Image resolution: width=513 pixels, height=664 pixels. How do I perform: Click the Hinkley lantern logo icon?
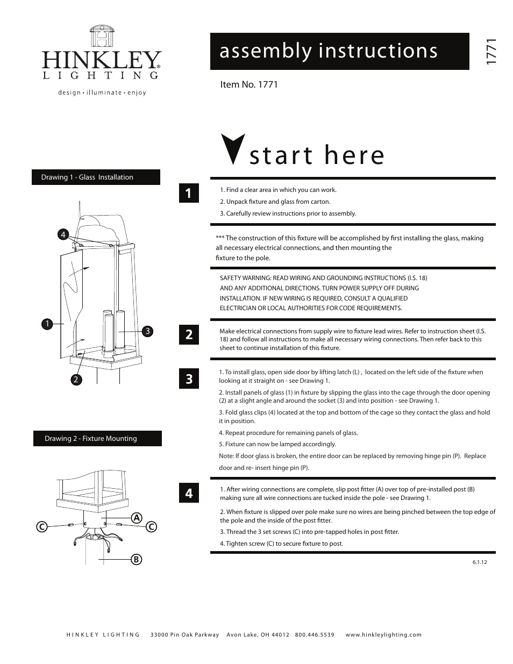tap(102, 37)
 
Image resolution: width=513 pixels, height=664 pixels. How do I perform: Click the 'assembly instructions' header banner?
tap(339, 51)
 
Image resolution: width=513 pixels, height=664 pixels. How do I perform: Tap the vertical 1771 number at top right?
tap(490, 52)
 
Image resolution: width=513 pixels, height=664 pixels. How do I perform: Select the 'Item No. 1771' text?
tap(249, 84)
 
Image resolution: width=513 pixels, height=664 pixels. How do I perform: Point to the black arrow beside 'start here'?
tap(233, 149)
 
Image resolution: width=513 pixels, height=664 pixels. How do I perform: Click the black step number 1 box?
tap(189, 193)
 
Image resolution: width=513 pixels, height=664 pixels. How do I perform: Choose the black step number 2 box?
tap(189, 334)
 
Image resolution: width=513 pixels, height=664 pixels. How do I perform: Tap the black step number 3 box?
tap(189, 379)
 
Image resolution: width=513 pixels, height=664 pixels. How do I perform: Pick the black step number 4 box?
tap(189, 493)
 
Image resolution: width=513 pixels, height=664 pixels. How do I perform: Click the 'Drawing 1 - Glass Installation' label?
tap(96, 177)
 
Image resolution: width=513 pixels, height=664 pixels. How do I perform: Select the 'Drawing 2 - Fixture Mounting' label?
tap(97, 439)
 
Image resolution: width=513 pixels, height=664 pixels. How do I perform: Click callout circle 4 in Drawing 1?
tap(63, 234)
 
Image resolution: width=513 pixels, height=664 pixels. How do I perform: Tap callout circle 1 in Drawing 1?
tap(47, 324)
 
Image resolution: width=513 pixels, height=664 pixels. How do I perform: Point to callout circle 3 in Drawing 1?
tap(147, 331)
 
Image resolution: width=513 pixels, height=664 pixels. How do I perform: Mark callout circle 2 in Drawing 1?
tap(76, 380)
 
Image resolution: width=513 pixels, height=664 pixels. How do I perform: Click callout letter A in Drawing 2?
tap(137, 518)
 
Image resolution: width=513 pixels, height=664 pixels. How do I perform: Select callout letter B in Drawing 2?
tap(136, 559)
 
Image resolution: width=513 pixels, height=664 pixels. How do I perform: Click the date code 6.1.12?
tap(480, 562)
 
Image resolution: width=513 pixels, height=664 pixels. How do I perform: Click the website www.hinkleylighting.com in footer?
tap(383, 635)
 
